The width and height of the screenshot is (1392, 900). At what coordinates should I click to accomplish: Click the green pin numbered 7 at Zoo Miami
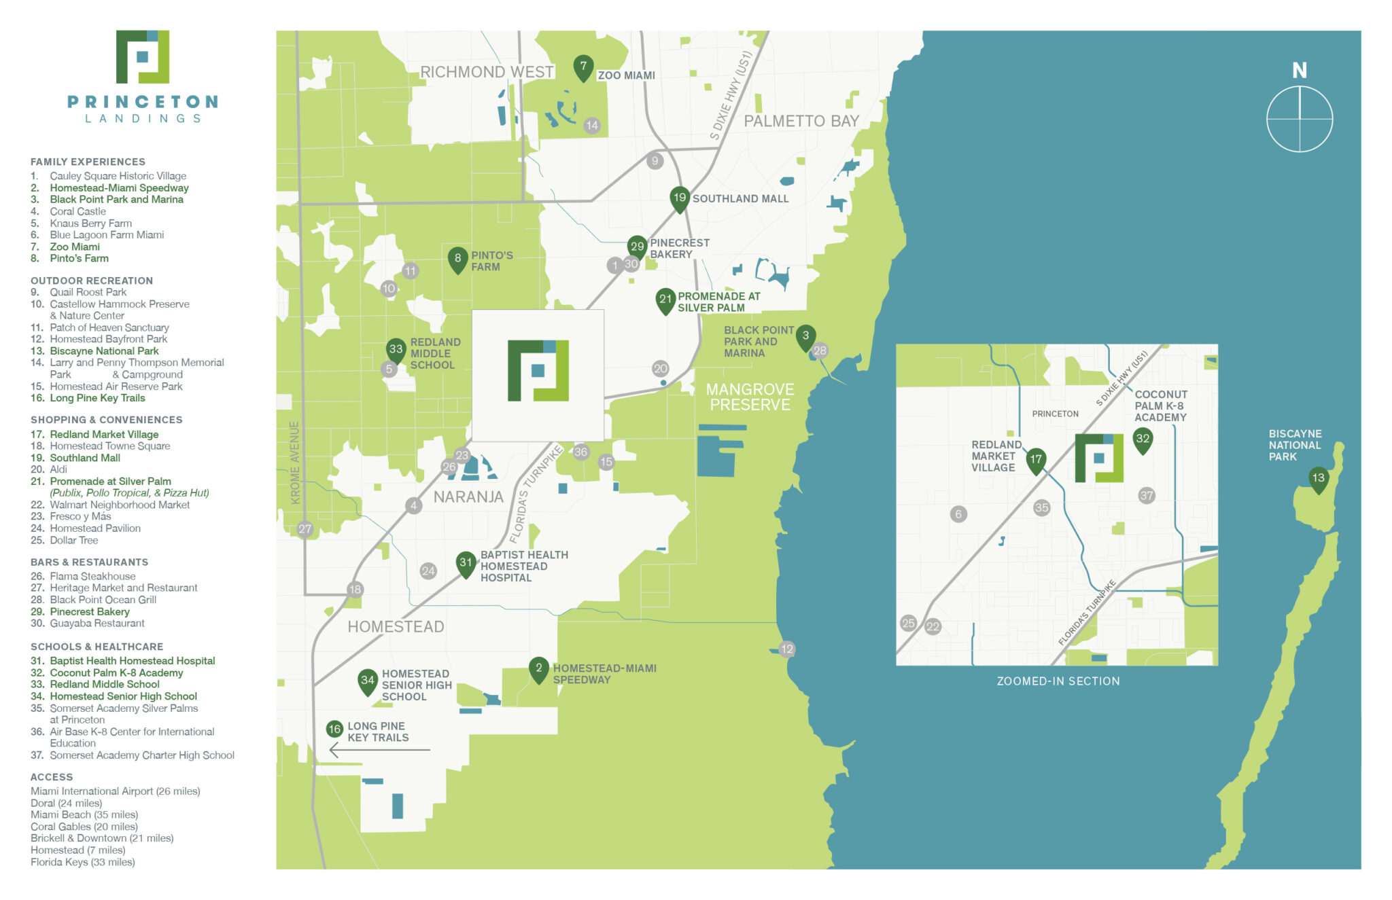click(x=582, y=67)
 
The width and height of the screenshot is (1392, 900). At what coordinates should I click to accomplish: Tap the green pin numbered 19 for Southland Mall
click(x=679, y=199)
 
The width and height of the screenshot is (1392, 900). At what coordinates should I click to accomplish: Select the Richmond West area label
click(x=487, y=72)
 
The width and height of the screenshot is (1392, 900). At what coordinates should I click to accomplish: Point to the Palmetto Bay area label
click(x=801, y=122)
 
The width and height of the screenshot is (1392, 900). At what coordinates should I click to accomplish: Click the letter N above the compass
click(x=1299, y=71)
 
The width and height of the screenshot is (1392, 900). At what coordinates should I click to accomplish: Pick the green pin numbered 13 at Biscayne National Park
click(x=1318, y=478)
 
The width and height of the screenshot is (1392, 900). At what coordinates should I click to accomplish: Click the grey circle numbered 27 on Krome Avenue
click(x=304, y=529)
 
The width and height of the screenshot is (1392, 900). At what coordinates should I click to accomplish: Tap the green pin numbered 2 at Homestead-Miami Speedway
click(x=538, y=669)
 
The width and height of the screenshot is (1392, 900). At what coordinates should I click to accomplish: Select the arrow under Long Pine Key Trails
click(x=379, y=750)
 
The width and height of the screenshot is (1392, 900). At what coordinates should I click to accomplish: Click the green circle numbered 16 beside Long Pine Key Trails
click(x=334, y=730)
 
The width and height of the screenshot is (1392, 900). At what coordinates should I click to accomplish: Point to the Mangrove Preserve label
click(x=750, y=397)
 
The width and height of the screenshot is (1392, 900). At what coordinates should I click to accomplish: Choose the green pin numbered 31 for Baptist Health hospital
click(x=466, y=563)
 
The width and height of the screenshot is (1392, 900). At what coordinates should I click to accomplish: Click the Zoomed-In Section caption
click(x=1058, y=681)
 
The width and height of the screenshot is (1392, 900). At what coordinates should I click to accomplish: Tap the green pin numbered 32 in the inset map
click(x=1143, y=439)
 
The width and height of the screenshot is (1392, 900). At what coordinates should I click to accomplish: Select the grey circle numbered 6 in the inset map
click(x=958, y=514)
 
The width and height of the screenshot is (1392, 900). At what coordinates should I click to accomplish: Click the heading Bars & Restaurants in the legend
click(x=89, y=562)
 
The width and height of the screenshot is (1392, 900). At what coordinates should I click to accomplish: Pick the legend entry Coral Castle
click(x=77, y=212)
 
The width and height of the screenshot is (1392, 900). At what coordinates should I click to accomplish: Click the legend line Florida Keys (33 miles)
click(x=83, y=863)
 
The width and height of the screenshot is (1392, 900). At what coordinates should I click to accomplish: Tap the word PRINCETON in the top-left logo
click(x=143, y=102)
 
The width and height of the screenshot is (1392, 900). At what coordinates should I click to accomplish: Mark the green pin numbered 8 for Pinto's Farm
click(x=457, y=259)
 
